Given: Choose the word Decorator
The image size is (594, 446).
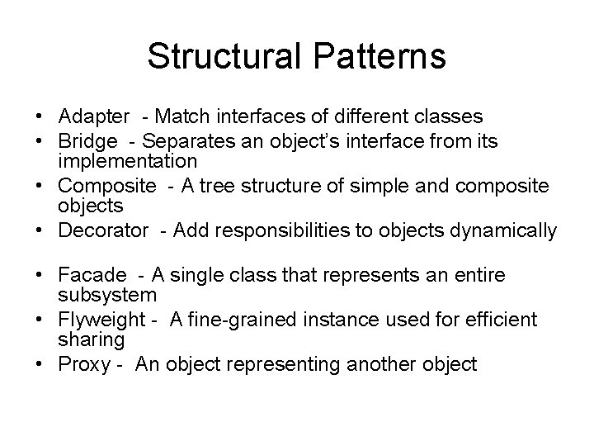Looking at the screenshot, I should (x=103, y=230).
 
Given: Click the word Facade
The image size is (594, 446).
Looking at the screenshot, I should (x=93, y=275).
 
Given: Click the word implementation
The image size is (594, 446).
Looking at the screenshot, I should (x=128, y=161).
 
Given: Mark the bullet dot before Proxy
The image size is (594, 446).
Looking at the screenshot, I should (x=39, y=364).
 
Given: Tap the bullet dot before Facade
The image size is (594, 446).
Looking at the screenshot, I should (x=39, y=275).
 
